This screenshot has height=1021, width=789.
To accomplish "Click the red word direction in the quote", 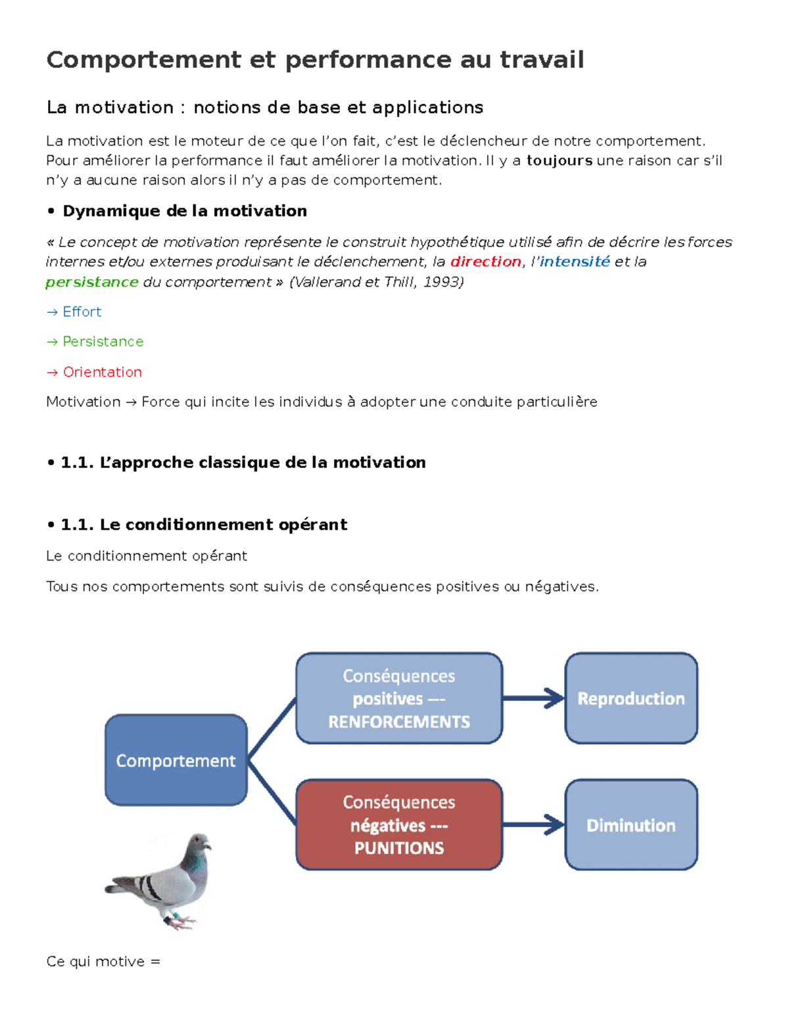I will (485, 262).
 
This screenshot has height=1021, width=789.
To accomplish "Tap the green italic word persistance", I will (92, 282).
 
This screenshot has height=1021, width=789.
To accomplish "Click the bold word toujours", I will (560, 160).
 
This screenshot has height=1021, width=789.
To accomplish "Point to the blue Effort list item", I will (82, 312).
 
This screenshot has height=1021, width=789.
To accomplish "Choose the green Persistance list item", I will (103, 342).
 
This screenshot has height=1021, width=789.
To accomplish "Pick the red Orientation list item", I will (102, 372).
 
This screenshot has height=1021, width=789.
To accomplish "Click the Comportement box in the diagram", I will (176, 760).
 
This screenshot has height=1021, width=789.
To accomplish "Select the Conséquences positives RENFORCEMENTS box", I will (398, 698).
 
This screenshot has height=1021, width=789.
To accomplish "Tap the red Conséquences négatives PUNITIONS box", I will (398, 824).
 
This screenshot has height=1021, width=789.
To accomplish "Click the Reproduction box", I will (631, 698).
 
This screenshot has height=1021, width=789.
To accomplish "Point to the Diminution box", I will (631, 824).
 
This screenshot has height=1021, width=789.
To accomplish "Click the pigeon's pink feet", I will (181, 920).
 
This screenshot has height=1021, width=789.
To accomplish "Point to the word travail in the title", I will (541, 60).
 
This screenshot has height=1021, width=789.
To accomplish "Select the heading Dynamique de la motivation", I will (184, 211).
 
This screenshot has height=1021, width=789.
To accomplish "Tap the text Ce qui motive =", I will (103, 962).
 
